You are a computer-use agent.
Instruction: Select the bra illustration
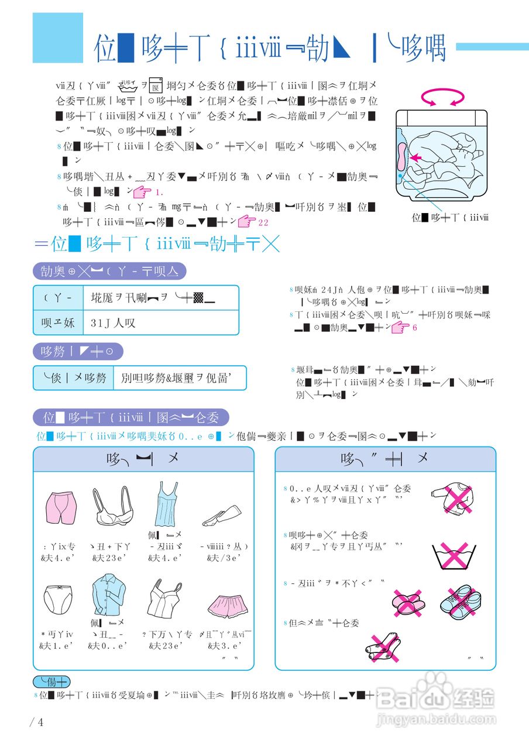tap(111, 506)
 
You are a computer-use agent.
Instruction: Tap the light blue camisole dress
tap(162, 504)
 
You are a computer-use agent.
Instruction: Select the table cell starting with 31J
tap(161, 322)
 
